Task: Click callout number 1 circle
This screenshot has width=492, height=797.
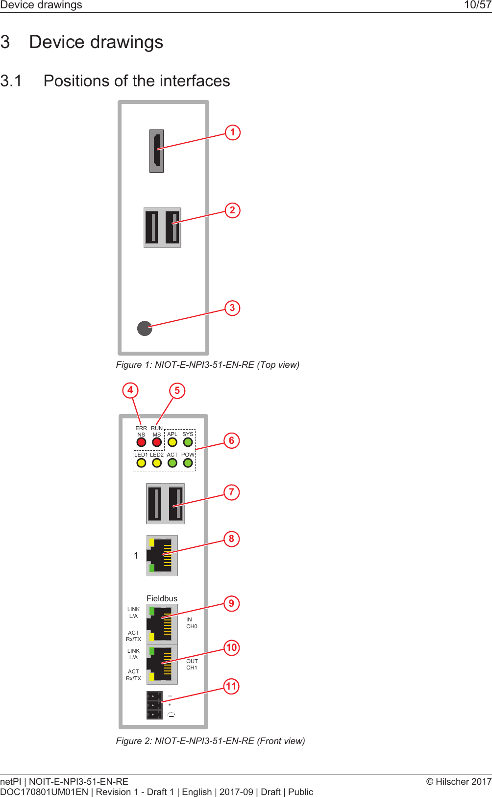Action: pos(233,132)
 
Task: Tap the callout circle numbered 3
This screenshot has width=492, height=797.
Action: pos(232,308)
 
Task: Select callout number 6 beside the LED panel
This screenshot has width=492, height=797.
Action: pos(232,440)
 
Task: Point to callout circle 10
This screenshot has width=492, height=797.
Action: pos(231,647)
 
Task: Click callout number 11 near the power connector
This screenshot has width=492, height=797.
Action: pos(231,686)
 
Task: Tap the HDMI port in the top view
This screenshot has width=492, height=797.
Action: pos(156,151)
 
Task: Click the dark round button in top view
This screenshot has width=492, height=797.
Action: pos(145,328)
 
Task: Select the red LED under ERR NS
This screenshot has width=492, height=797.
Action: pos(141,442)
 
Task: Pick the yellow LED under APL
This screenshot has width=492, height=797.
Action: pos(172,442)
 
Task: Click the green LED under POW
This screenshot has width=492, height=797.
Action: pos(188,463)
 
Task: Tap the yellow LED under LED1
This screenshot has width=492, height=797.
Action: pos(141,463)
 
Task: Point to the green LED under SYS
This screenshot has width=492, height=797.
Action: pos(188,442)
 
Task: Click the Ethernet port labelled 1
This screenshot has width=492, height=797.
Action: pos(162,555)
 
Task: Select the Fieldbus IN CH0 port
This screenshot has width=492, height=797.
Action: pos(162,624)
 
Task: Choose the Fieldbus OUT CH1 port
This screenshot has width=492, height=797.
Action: pos(162,665)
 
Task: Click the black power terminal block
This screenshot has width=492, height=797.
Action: pos(154,705)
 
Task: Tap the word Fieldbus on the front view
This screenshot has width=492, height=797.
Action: pos(162,598)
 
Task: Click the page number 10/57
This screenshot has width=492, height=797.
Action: pos(477,5)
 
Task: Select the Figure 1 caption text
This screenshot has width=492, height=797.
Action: pos(207,365)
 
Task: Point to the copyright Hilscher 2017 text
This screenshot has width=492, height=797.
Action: pos(459,782)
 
